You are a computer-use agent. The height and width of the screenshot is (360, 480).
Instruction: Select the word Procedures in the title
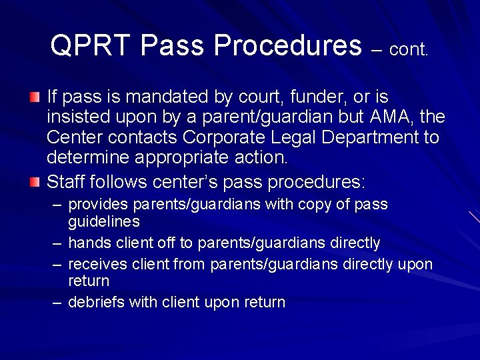pyautogui.click(x=289, y=45)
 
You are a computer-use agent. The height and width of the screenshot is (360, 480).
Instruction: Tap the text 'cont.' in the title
pyautogui.click(x=408, y=49)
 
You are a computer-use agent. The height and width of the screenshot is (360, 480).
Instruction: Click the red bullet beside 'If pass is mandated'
pyautogui.click(x=35, y=98)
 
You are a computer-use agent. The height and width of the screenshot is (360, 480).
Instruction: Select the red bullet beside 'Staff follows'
pyautogui.click(x=35, y=181)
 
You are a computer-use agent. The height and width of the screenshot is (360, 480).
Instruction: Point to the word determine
pyautogui.click(x=89, y=158)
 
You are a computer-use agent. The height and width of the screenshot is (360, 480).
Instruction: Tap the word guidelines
pyautogui.click(x=103, y=220)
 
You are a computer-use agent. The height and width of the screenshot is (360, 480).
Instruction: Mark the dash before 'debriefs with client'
pyautogui.click(x=58, y=303)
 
